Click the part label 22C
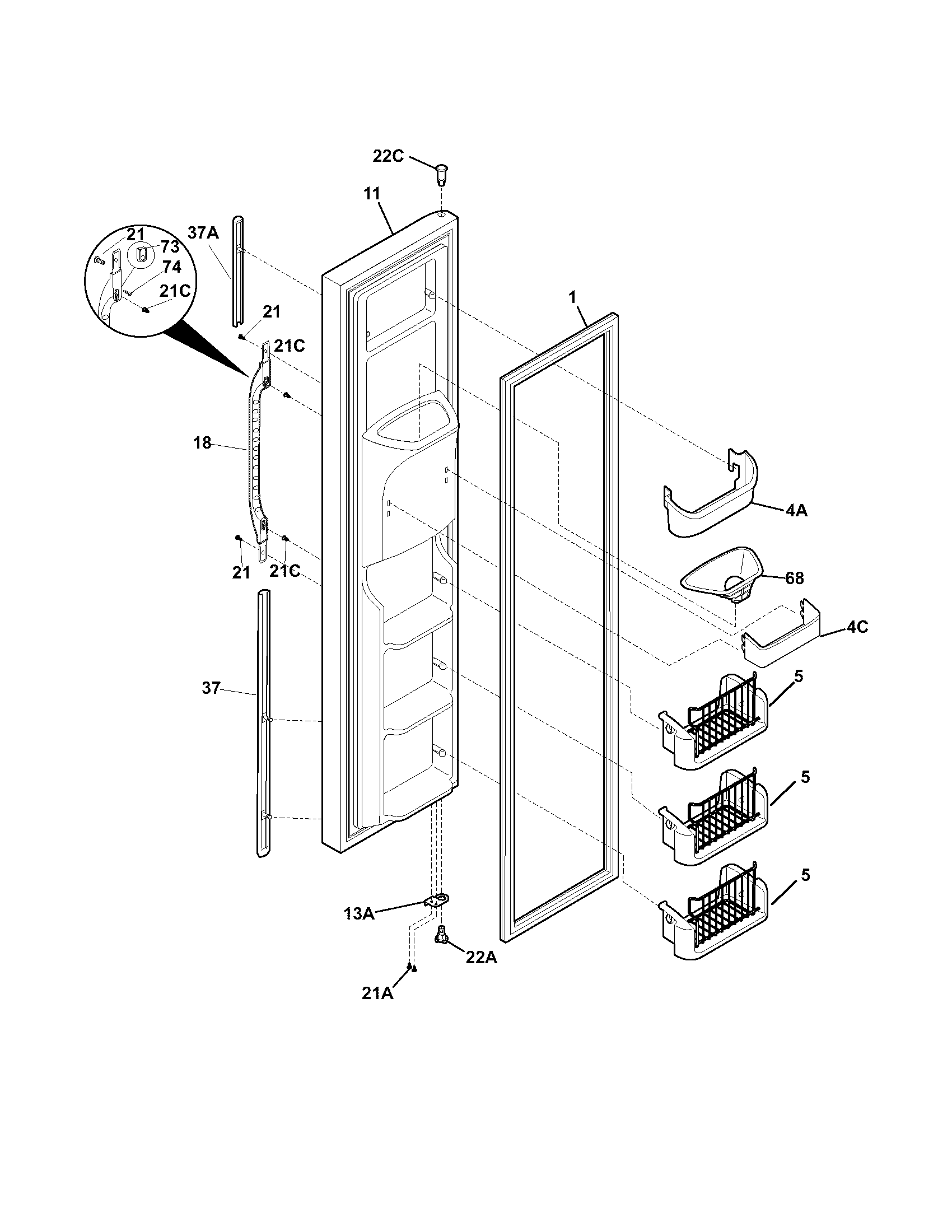coord(388,156)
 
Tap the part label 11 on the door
coord(371,194)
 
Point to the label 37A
coord(203,232)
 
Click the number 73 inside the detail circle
coord(170,246)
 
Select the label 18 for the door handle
coord(203,443)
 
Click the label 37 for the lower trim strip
coord(211,688)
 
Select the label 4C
coord(857,627)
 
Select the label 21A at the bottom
coord(377,1009)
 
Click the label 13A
coord(360,913)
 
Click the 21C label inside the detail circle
coord(175,291)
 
